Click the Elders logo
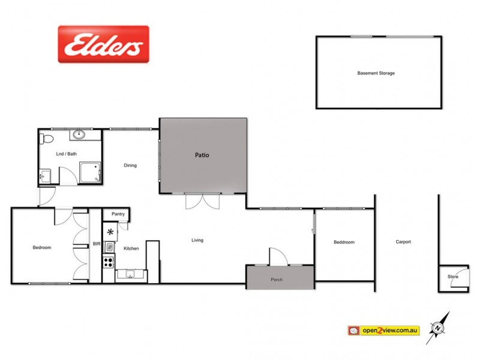(103, 44)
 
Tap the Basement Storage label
(376, 73)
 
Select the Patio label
(202, 155)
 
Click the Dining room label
(130, 166)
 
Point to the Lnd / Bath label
(67, 154)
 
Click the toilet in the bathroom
(47, 139)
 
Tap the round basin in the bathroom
(80, 134)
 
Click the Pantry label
(118, 214)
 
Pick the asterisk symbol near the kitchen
(110, 232)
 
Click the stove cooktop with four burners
(109, 262)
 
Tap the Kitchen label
(131, 248)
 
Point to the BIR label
(96, 244)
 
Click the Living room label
(197, 241)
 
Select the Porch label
(277, 280)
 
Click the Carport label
(403, 242)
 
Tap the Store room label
(452, 277)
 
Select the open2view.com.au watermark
(383, 330)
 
